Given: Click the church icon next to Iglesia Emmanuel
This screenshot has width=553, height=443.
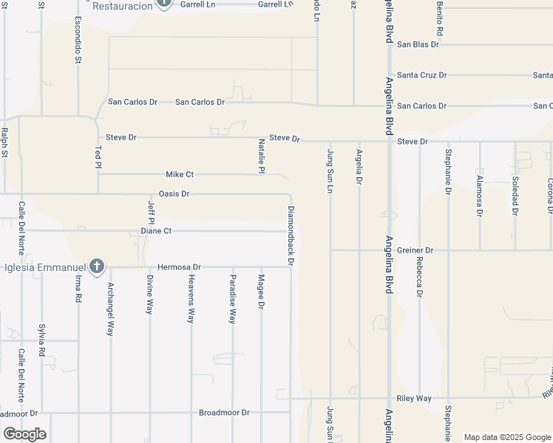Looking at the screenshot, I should click(96, 267).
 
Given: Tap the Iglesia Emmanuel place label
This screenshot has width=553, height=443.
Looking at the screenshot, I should click(44, 267).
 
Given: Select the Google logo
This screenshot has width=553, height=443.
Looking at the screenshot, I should click(24, 434).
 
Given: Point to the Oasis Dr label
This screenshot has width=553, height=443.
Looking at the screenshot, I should click(175, 193).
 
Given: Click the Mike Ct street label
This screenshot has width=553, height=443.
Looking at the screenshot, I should click(179, 174).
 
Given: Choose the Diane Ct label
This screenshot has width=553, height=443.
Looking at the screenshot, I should click(156, 230).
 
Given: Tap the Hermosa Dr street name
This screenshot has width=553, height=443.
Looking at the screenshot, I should click(179, 267).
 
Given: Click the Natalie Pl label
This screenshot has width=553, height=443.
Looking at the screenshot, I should click(261, 155).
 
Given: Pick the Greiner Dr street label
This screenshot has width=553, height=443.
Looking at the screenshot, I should click(413, 250).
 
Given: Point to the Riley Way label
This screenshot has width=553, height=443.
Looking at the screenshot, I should click(414, 398).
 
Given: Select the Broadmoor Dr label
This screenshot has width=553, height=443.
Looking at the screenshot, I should click(225, 413).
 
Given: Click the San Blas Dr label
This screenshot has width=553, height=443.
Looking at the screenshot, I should click(418, 44).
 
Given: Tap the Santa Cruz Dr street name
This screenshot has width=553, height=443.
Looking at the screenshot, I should click(421, 75).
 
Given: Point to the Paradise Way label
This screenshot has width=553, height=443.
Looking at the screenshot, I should click(232, 299).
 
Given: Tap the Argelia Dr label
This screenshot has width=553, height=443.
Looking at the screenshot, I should click(359, 166).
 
